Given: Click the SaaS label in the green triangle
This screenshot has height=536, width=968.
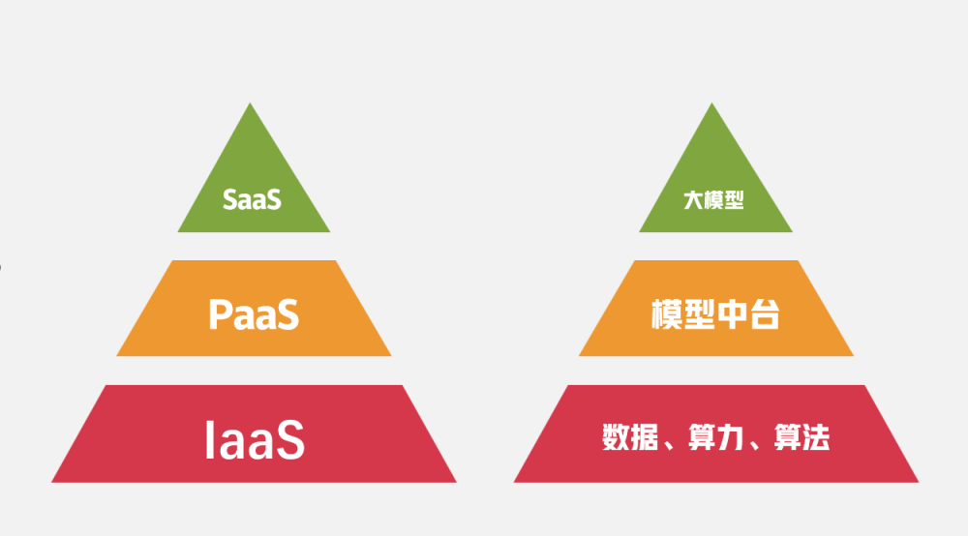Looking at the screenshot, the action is pos(252,200).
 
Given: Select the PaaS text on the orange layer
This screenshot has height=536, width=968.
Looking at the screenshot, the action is pos(254,314).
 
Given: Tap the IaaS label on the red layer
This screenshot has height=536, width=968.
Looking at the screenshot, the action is pos(255,440).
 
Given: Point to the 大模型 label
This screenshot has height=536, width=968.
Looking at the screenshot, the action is pos(713,200).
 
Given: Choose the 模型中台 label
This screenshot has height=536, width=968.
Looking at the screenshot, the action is pos(715,313).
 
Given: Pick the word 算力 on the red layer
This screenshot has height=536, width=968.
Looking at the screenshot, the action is pos(715,437).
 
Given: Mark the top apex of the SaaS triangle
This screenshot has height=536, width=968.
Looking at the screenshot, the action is pos(250,103).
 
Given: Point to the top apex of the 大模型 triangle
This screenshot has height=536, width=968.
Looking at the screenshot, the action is pos(711,103).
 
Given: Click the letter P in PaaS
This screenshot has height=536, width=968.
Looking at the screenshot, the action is pos(220,314).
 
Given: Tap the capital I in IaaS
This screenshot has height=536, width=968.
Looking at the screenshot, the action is pos(209,440).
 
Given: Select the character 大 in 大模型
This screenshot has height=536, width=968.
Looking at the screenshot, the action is pos(693,200).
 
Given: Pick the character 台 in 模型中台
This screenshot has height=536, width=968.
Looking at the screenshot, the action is pos(765,313).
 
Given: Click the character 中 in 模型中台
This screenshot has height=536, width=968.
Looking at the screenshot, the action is pos(732,313).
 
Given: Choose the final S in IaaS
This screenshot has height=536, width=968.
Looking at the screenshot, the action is pos(290,440).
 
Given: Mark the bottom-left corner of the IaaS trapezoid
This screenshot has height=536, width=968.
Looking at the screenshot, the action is pos(51,483).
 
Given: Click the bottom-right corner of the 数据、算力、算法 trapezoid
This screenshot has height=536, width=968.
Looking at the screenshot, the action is pos(919,483).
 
